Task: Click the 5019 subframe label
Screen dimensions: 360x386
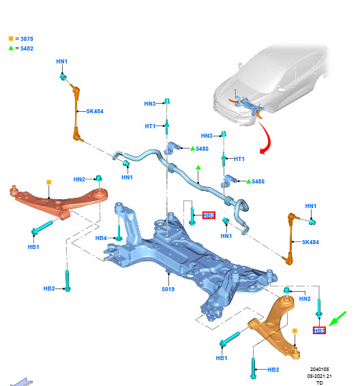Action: [168, 289]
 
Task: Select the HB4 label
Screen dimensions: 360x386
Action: [101, 238]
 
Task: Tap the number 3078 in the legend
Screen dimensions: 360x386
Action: [27, 39]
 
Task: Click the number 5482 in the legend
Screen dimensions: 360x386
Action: [27, 48]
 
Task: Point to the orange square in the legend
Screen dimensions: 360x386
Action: [11, 39]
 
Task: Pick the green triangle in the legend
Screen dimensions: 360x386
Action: [11, 48]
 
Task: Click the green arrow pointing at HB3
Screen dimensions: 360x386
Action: [337, 318]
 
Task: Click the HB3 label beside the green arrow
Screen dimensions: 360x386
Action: [319, 331]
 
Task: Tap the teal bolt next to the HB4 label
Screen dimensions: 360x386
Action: [119, 232]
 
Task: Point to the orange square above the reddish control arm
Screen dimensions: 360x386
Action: [49, 182]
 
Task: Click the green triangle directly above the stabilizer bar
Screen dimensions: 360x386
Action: [198, 168]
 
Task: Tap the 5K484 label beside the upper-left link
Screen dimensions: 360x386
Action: [95, 111]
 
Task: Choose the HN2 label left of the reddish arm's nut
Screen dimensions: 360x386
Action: [79, 179]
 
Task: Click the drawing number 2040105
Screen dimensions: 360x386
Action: [319, 369]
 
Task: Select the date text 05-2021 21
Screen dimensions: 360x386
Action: [319, 376]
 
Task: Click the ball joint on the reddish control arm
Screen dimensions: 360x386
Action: [14, 190]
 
